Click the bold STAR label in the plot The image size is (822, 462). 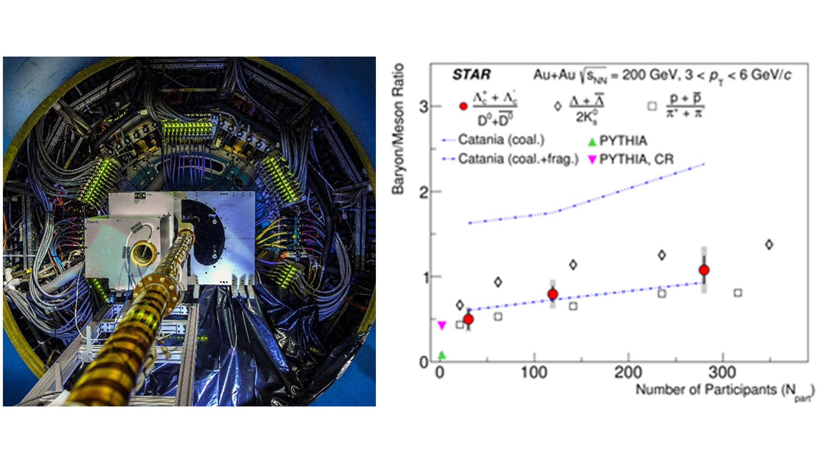tap(471, 75)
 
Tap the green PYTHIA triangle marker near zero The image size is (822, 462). tap(442, 355)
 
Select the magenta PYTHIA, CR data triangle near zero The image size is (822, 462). tap(442, 325)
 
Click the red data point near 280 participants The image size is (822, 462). tap(704, 270)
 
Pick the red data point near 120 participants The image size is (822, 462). tap(553, 294)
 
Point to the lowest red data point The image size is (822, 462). tap(468, 319)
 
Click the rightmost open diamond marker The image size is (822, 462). tap(769, 245)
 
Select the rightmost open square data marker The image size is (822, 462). tap(738, 293)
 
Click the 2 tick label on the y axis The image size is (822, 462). tap(423, 192)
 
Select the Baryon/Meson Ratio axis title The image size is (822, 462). tap(398, 129)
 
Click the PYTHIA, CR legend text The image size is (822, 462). tap(636, 160)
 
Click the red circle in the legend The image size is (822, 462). tap(463, 106)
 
